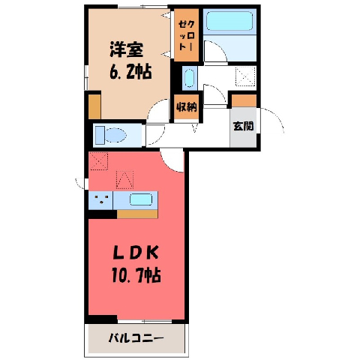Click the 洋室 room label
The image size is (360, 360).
coord(127,49)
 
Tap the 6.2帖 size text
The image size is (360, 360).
coord(130,72)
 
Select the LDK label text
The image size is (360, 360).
coord(136,253)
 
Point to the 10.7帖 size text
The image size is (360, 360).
coord(136,275)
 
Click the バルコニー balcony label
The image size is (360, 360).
coord(136,339)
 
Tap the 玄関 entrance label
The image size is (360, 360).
coord(243,126)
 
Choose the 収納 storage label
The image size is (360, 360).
coord(187,107)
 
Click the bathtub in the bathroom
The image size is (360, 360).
coord(229,21)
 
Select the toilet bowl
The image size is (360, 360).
coord(115,135)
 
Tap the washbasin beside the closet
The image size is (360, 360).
coord(189,78)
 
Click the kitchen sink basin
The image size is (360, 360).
coord(141,199)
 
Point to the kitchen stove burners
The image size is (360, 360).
coord(101,199)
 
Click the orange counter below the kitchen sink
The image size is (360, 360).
coord(137,214)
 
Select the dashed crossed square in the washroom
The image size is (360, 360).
coord(245,76)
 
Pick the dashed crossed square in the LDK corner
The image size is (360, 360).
coord(99,161)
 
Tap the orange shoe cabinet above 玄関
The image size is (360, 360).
coord(244,100)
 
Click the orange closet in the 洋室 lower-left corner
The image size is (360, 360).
coord(94,107)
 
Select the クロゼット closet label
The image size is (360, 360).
coord(187,35)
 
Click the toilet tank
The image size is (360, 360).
coord(100,135)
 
